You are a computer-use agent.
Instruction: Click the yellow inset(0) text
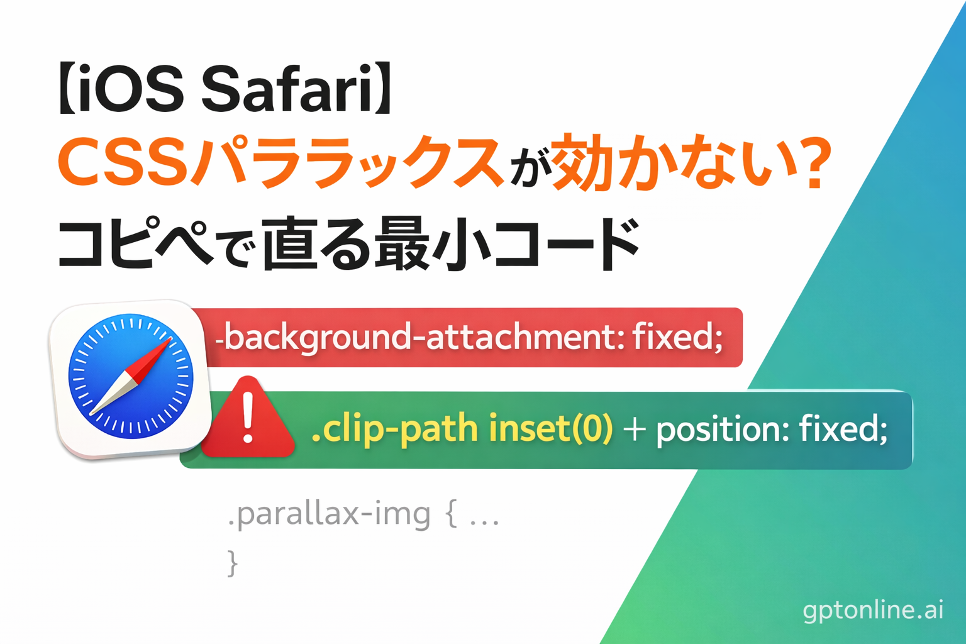[x=550, y=430]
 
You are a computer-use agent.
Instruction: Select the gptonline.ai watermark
[x=873, y=610]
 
